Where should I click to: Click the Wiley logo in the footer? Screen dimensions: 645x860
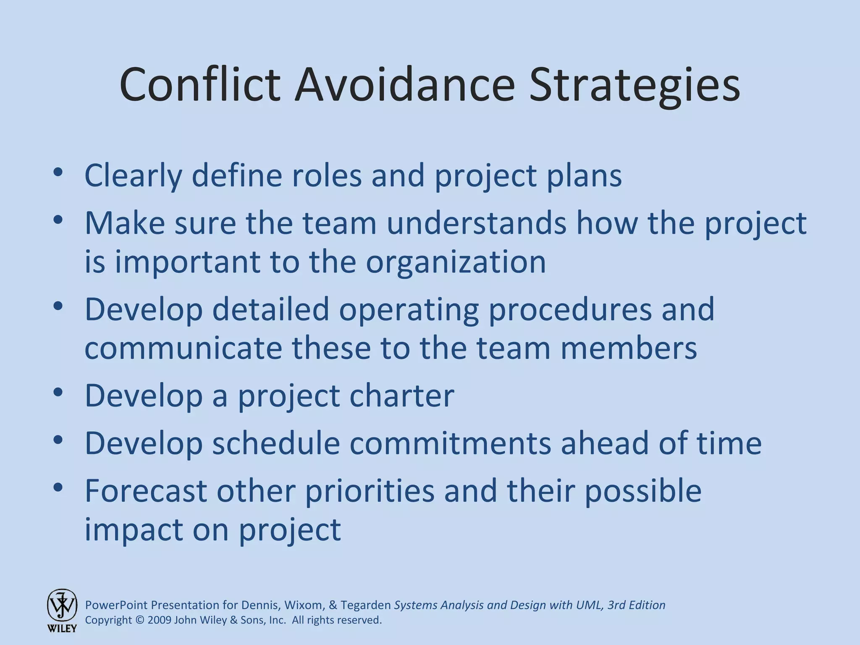[62, 610]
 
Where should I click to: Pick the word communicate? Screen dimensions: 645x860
[183, 348]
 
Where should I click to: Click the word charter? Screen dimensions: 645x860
[402, 396]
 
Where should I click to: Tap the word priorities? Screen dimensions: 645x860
[370, 491]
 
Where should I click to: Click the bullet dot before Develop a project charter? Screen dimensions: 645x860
[58, 392]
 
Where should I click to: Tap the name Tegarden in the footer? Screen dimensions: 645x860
[366, 605]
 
